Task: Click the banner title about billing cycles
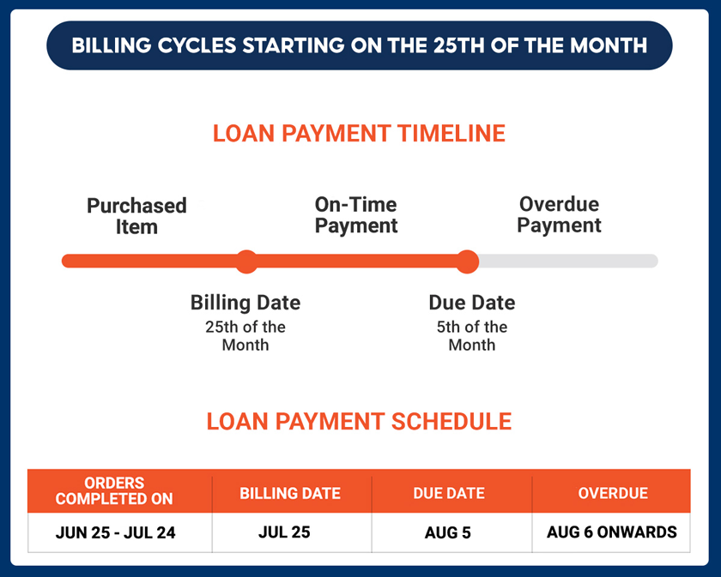point(359,45)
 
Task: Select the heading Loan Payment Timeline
point(359,133)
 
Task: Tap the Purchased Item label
point(136,216)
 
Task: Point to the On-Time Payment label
point(356,215)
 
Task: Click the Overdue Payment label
point(559,214)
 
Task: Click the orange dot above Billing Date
point(247,261)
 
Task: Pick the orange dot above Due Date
point(467,261)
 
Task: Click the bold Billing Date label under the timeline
point(245,303)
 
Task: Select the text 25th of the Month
point(245,336)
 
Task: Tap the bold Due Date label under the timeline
point(472,303)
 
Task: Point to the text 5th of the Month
point(472,336)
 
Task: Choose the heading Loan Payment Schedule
point(359,421)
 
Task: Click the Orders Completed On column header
point(114,490)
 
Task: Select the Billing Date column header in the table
point(290,493)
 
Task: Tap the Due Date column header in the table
point(449,493)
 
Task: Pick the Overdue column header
point(613,493)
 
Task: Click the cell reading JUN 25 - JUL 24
point(115,532)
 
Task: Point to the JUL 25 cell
point(284,532)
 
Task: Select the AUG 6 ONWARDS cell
point(611,532)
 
